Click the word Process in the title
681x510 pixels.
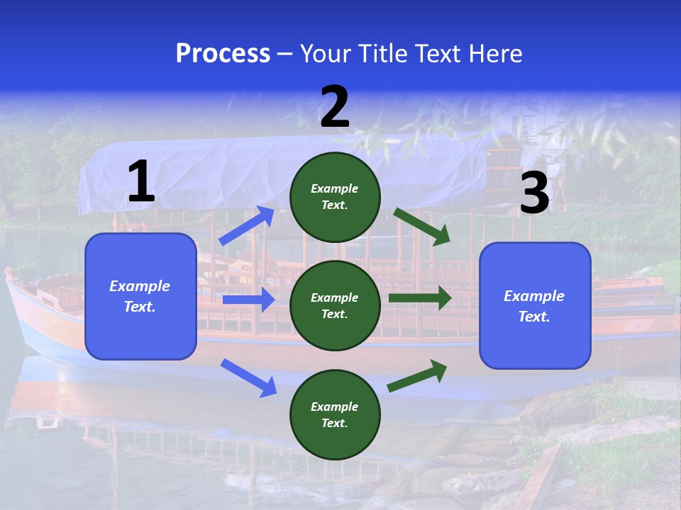tap(223, 54)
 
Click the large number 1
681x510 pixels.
tap(141, 182)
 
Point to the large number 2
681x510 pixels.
tap(335, 107)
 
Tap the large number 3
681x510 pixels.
tap(534, 193)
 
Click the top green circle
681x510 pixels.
tap(335, 196)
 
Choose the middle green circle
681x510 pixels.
tap(335, 305)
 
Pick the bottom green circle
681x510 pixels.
tap(335, 414)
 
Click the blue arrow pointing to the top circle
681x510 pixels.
tap(247, 226)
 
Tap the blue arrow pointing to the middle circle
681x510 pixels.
tap(248, 300)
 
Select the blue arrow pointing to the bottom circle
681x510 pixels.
tap(248, 378)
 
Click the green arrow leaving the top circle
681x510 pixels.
tap(422, 226)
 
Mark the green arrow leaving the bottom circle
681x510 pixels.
tap(418, 376)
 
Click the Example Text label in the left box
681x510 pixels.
tap(140, 296)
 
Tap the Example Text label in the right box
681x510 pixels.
tap(534, 306)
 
